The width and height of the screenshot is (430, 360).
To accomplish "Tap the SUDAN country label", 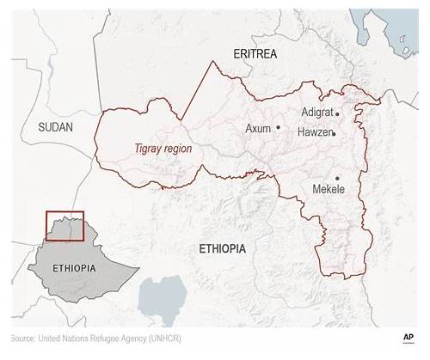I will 56,126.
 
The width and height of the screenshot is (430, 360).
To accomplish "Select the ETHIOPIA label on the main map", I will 222,249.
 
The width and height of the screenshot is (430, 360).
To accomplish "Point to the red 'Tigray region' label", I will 163,149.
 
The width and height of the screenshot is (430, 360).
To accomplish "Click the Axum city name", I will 258,128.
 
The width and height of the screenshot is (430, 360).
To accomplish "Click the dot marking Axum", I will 278,127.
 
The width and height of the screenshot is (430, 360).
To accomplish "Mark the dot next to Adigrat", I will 337,113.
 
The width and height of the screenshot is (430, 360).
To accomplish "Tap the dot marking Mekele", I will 338,179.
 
